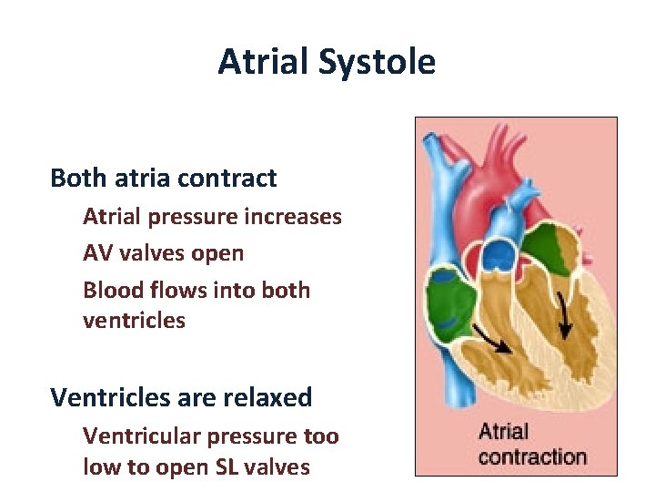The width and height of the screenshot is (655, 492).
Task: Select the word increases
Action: (x=297, y=217)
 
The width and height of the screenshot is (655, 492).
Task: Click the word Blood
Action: (x=110, y=290)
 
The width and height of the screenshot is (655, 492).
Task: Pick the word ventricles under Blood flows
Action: (x=134, y=321)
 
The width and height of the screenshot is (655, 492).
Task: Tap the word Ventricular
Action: (x=142, y=436)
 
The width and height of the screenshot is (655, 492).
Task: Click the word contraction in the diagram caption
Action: (x=532, y=456)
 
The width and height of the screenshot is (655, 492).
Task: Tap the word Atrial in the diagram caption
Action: (x=503, y=431)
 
